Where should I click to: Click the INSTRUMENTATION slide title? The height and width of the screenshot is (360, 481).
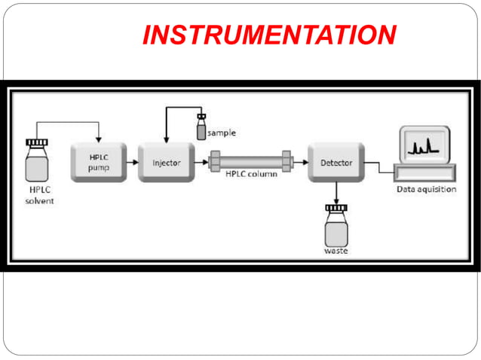coord(269,35)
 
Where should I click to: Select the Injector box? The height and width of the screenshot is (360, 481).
coord(167,162)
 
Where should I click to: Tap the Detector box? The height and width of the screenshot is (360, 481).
coord(336,162)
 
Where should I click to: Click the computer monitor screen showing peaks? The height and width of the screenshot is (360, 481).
coord(424,145)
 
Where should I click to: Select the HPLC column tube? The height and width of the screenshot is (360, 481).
coord(251,161)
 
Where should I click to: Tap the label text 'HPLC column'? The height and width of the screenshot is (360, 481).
coord(251,175)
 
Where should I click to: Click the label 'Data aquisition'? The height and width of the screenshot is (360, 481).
coord(426,189)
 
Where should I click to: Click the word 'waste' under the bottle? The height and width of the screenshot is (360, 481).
coord(336,251)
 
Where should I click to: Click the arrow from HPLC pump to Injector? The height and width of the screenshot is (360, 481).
coord(130,161)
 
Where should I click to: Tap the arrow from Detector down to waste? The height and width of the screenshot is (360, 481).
coord(336,192)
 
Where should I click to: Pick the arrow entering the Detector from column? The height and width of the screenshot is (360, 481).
coord(301,161)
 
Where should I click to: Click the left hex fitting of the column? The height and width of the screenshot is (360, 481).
coord(214,161)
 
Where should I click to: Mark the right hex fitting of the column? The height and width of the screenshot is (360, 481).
coord(287,161)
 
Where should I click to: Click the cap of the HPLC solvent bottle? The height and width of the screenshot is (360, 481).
coord(36,142)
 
